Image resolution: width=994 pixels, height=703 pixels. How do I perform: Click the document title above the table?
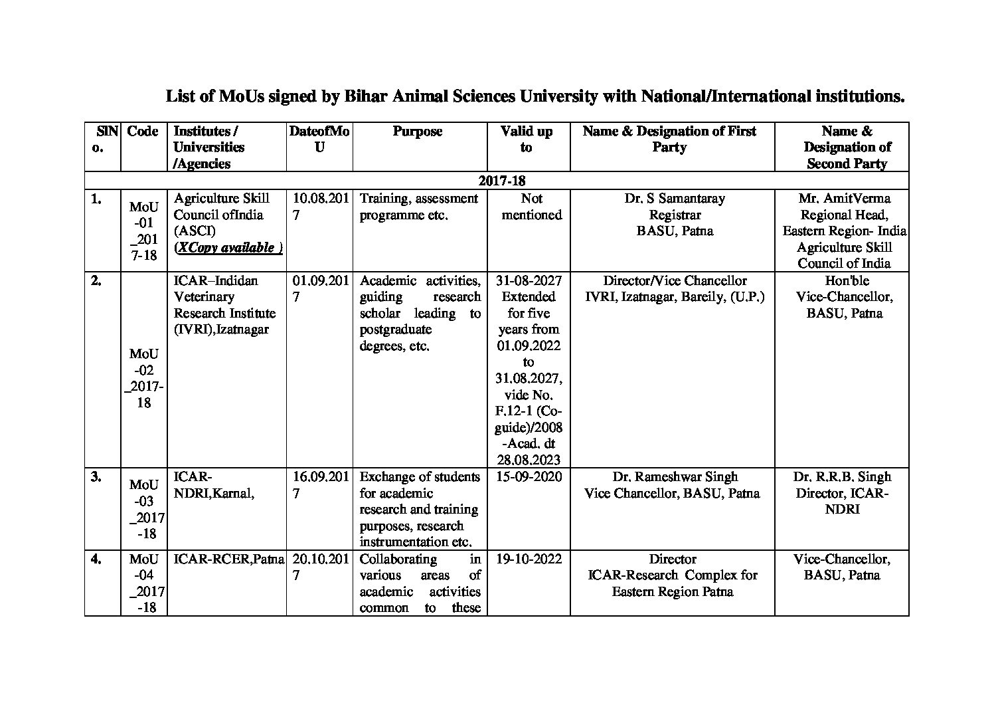click(x=535, y=96)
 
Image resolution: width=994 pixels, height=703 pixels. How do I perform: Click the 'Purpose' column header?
click(x=417, y=132)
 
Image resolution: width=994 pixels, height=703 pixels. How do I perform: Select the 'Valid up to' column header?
click(x=527, y=139)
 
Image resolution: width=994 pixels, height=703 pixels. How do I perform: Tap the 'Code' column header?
click(x=143, y=132)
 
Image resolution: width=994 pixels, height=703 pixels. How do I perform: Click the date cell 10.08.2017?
click(x=320, y=206)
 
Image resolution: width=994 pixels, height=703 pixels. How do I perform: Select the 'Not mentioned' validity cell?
click(x=531, y=206)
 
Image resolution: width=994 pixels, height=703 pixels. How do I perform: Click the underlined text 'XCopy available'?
click(x=228, y=247)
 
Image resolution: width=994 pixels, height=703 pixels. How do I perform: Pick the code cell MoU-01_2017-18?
click(x=144, y=231)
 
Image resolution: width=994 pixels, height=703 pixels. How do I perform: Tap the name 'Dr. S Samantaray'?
click(x=675, y=198)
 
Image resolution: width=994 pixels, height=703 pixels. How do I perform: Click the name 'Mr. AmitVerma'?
click(x=845, y=198)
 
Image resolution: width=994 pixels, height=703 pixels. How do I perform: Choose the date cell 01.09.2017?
click(x=320, y=288)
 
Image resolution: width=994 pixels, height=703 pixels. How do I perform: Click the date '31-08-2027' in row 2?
click(x=529, y=280)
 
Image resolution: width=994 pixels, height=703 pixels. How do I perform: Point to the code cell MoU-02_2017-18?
click(x=144, y=377)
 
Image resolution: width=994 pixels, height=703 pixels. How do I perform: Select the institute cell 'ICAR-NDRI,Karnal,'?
click(x=214, y=485)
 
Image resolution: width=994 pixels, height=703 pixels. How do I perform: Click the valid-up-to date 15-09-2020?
click(x=529, y=476)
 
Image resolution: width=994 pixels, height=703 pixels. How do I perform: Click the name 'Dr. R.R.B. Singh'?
click(x=842, y=476)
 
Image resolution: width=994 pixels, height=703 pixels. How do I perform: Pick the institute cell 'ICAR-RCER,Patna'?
click(x=228, y=559)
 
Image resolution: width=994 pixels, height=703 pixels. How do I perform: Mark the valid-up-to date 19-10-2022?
click(x=529, y=559)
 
